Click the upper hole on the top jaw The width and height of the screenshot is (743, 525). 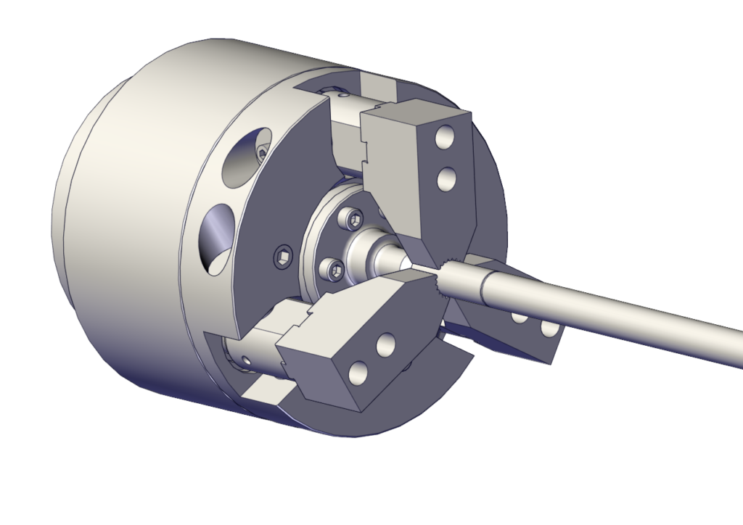443,137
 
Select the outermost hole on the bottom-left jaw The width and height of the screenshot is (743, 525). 356,373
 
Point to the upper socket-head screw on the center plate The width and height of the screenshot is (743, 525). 354,219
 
